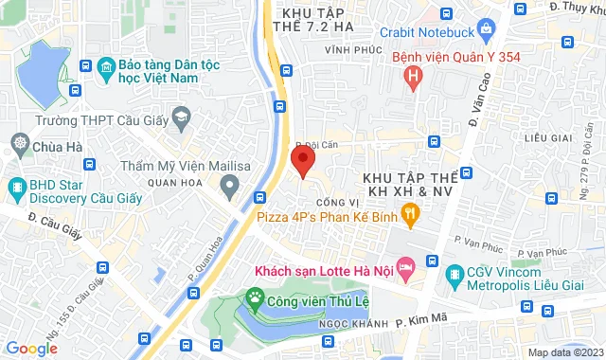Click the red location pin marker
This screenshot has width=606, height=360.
click(302, 164)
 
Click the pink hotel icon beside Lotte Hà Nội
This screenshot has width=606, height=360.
click(405, 269)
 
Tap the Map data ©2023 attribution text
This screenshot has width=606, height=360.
click(564, 352)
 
